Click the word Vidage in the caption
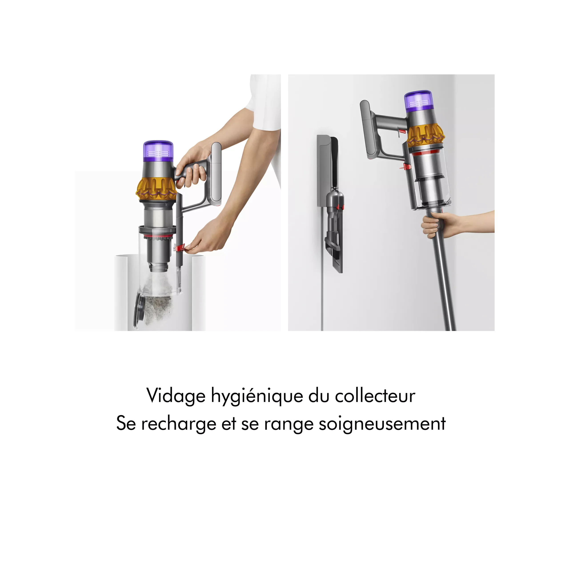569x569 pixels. pyautogui.click(x=176, y=396)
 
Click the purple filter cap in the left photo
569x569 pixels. pyautogui.click(x=158, y=151)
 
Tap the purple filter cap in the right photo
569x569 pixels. pyautogui.click(x=419, y=101)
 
